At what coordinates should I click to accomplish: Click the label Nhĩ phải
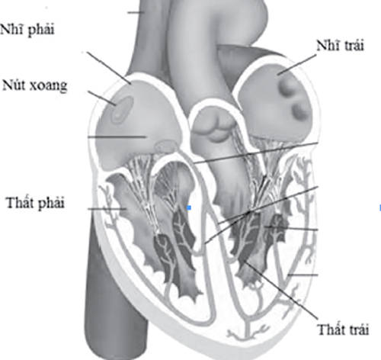click(27, 30)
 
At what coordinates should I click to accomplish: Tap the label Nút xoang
click(35, 85)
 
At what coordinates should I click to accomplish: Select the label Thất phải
click(35, 203)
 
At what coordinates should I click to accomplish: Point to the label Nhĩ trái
click(341, 46)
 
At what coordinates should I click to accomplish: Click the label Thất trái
click(343, 329)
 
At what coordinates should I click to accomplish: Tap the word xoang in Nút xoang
click(49, 86)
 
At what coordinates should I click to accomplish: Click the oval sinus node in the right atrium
click(123, 110)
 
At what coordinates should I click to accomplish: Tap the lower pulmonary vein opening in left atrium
click(300, 111)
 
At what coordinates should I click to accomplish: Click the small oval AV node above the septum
click(165, 146)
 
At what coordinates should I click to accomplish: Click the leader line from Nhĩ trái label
click(296, 65)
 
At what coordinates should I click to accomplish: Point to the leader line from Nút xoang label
click(102, 98)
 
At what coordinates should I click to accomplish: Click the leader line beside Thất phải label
click(107, 209)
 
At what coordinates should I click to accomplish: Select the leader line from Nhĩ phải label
click(109, 68)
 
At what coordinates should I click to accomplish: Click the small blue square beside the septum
click(189, 208)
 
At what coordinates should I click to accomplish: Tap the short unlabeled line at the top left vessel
click(136, 12)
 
